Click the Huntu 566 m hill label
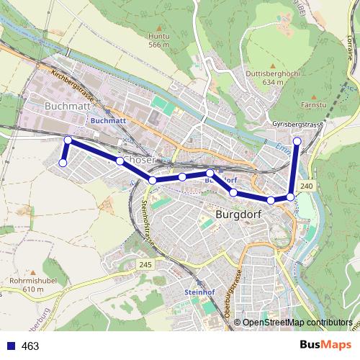pos(158,40)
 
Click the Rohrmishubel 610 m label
pos(28,284)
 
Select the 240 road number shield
pos(307,186)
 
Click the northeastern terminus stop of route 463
pos(297,141)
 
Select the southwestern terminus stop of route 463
pos(62,163)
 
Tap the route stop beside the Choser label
pos(120,161)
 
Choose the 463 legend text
pos(31,346)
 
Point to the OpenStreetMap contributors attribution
pos(297,323)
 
